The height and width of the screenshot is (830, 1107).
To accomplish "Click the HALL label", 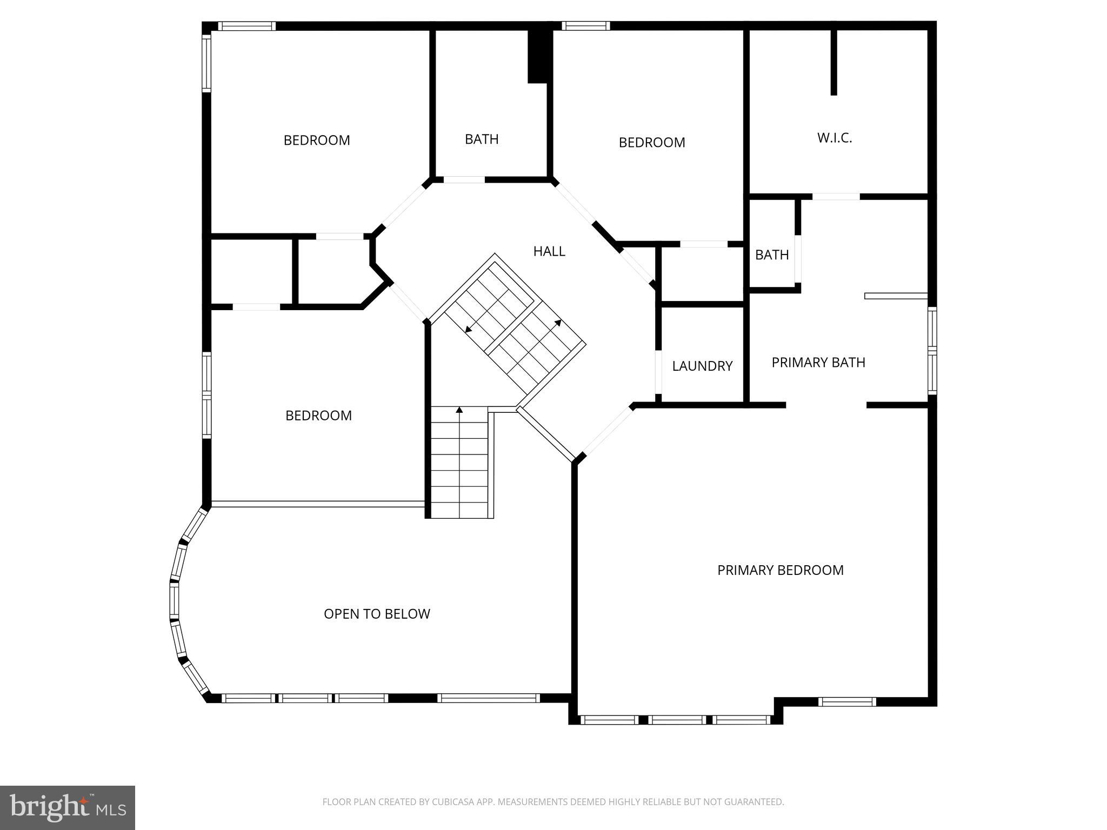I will (x=549, y=251).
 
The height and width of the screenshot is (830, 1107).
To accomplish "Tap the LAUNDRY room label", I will (x=702, y=366).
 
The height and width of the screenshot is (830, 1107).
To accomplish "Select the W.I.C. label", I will (x=834, y=138).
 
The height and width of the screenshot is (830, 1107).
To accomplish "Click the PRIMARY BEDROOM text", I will (x=780, y=570).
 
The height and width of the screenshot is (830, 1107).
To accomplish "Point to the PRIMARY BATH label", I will (x=818, y=362).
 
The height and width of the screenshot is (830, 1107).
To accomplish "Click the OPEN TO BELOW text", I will (x=377, y=614).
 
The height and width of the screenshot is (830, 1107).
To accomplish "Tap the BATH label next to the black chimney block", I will (x=481, y=139).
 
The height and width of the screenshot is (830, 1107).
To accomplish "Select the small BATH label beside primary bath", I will (x=771, y=255).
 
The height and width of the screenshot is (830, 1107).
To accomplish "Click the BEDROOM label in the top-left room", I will (x=317, y=140).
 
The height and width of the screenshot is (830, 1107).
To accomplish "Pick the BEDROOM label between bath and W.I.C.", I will (x=651, y=142).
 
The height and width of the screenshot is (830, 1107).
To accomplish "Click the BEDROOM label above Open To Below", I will (x=318, y=416).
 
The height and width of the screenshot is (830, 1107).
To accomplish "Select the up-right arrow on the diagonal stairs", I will (x=558, y=323).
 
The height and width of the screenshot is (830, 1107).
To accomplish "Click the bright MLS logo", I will (x=67, y=807).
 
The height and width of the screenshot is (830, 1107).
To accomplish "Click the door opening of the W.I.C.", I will (x=836, y=197).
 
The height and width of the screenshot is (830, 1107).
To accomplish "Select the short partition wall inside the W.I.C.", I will (x=833, y=62).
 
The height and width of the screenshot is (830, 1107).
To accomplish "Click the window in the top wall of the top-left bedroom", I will (x=246, y=26).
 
